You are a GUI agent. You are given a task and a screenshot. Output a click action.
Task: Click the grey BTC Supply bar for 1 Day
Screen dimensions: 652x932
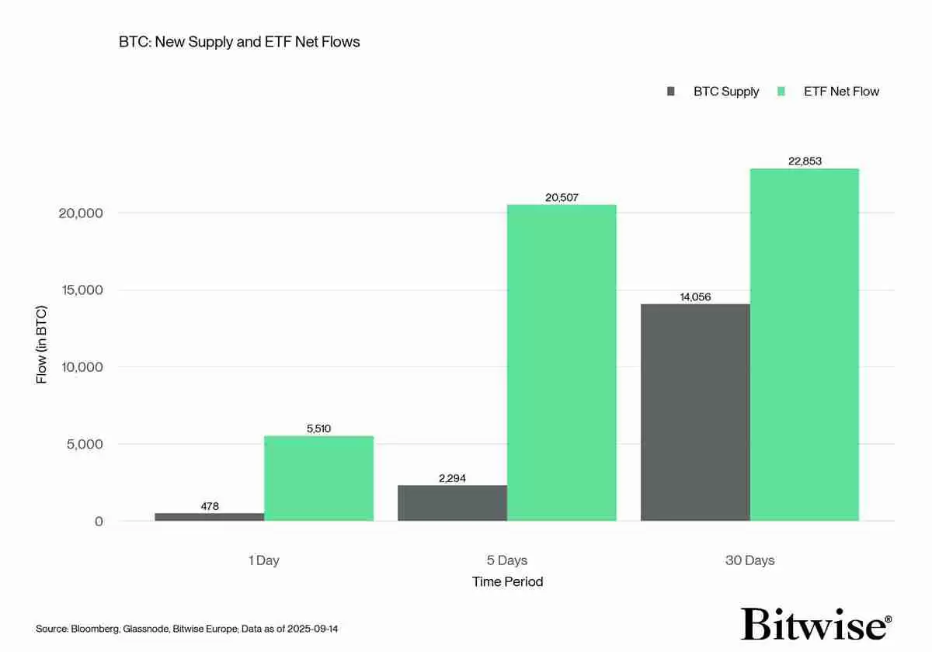[x=210, y=517]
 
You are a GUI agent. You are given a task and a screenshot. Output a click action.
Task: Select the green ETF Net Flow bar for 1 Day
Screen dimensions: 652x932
[x=318, y=478]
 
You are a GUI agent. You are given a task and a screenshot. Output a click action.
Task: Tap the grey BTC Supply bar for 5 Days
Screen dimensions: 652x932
[x=452, y=503]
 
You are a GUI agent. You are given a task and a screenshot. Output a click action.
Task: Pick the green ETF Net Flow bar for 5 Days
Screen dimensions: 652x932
[x=562, y=362]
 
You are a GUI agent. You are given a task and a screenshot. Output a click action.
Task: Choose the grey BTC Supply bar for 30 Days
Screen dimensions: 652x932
[x=695, y=412]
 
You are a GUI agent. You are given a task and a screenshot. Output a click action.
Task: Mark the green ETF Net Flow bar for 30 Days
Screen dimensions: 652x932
[x=805, y=345]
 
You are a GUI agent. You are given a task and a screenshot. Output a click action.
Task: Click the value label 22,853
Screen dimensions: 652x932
[x=805, y=161]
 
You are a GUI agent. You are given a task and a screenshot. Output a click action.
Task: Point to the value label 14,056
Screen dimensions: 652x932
[x=695, y=297]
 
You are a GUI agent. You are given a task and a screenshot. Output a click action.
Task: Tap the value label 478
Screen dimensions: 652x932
[x=210, y=506]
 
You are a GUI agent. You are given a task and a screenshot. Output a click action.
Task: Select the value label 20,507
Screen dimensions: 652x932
[x=562, y=198]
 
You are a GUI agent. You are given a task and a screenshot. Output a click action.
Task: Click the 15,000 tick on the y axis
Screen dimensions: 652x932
[x=81, y=290]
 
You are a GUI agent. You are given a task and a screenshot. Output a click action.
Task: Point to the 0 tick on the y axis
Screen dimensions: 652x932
[x=99, y=522]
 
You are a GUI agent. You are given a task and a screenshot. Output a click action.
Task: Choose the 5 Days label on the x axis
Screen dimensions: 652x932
[x=507, y=560]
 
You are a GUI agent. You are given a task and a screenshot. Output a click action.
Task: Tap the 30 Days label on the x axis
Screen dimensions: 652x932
[x=749, y=560]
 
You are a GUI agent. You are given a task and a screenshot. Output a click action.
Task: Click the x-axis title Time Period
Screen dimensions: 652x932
[x=507, y=581]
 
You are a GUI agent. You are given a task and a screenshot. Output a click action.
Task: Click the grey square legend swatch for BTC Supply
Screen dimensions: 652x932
[x=671, y=92]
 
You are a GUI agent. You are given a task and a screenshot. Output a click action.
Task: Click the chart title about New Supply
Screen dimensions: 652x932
[x=239, y=42]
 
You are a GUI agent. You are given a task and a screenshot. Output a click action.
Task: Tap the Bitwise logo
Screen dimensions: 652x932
[x=815, y=623]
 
